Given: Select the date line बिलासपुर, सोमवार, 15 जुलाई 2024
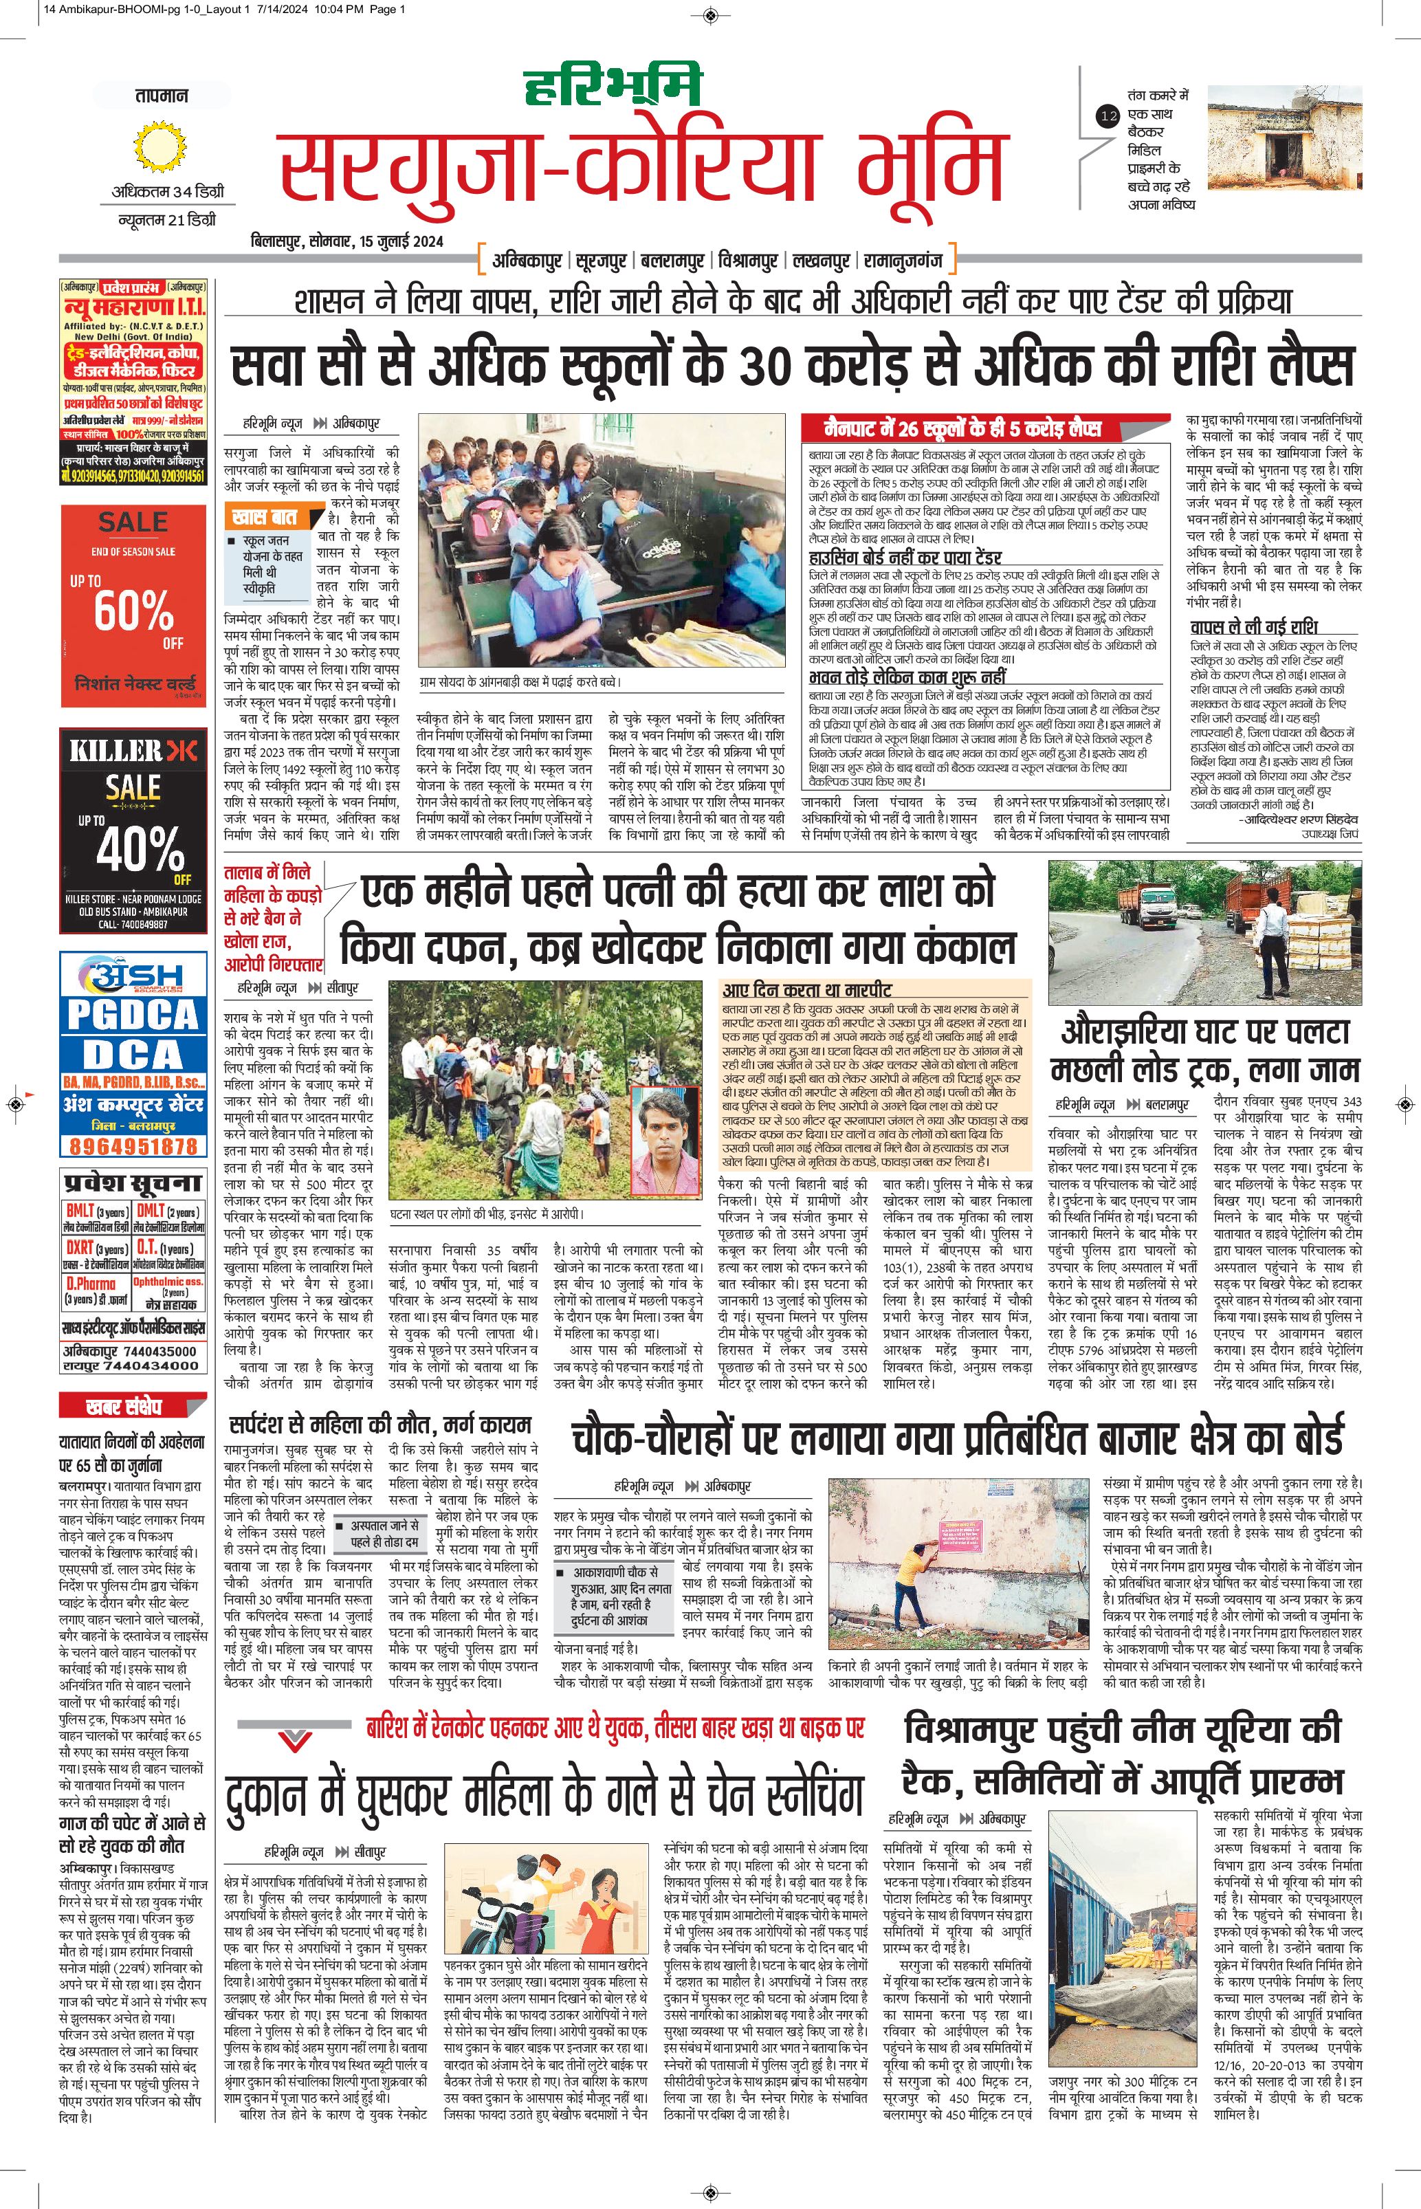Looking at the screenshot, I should [347, 242].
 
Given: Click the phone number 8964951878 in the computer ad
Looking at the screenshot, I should [134, 1146].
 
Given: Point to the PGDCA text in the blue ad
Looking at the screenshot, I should [133, 1015].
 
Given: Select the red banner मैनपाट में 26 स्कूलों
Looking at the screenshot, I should [962, 429].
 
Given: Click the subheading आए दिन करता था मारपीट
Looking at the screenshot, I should [806, 990].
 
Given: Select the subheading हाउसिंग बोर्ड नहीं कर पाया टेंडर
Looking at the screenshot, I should [904, 558].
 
